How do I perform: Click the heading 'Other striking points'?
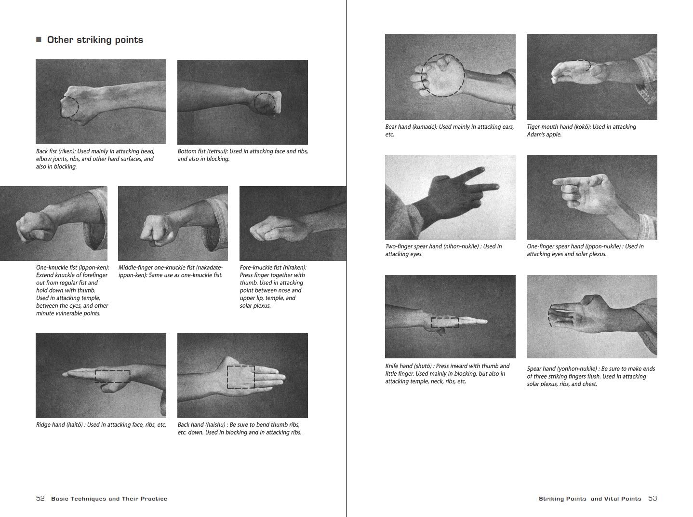coord(95,40)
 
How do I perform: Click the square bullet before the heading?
coord(39,40)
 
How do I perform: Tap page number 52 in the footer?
coord(40,498)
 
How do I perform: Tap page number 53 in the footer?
coord(653,498)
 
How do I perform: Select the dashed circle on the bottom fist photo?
coord(265,103)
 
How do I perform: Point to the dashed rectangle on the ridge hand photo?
coord(112,377)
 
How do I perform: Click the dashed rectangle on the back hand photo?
coord(240,377)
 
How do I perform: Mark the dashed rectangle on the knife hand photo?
coord(444,322)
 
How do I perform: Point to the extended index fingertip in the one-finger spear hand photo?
coord(556,182)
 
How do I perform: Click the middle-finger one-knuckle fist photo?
coord(173,224)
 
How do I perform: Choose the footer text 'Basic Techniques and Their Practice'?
coord(109,499)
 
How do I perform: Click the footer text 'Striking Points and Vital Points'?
coord(590,499)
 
